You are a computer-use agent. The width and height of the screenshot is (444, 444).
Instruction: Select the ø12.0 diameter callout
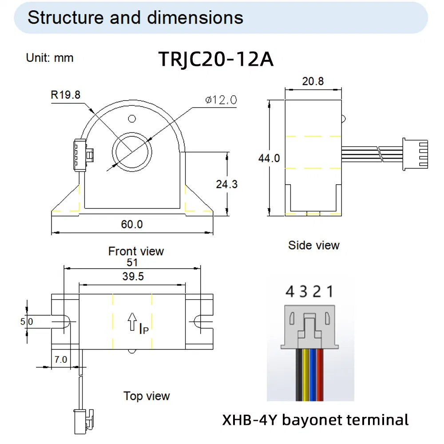click(x=221, y=100)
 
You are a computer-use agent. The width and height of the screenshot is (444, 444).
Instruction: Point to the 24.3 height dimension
click(x=226, y=183)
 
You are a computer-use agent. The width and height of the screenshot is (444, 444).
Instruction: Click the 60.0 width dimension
click(x=132, y=224)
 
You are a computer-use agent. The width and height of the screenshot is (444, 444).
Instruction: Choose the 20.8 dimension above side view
click(x=313, y=81)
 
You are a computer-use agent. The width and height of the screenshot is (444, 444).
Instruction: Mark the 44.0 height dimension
click(x=269, y=158)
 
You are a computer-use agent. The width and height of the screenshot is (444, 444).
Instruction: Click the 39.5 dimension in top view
click(x=132, y=277)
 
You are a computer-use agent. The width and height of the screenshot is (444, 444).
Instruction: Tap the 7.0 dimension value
click(x=60, y=359)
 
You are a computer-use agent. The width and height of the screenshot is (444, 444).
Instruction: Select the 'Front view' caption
click(x=136, y=251)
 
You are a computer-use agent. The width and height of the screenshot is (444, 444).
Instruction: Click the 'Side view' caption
click(x=313, y=245)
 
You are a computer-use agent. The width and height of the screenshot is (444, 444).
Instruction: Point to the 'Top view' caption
click(x=147, y=396)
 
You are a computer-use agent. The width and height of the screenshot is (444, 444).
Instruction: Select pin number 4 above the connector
click(x=290, y=292)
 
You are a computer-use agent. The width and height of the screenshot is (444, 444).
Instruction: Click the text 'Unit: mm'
click(x=50, y=58)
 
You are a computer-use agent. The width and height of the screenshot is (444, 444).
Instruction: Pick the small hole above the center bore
click(x=131, y=119)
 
